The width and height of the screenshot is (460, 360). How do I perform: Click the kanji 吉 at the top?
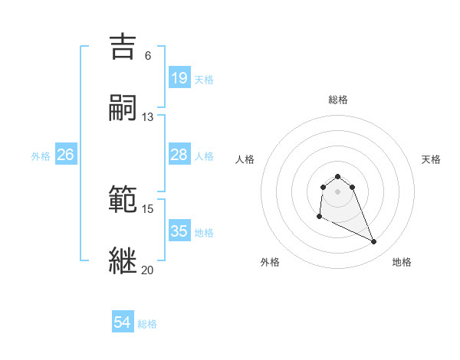tap(125, 47)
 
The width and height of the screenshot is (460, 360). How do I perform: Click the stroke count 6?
tap(148, 56)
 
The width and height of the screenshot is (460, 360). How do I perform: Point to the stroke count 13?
tap(148, 116)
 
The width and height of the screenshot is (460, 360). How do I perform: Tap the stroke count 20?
tap(148, 270)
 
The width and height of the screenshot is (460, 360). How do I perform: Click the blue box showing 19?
tap(179, 77)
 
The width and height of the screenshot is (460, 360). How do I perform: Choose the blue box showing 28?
tap(179, 155)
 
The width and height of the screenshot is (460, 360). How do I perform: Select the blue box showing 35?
tap(179, 231)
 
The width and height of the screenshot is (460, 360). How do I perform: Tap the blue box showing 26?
tap(65, 155)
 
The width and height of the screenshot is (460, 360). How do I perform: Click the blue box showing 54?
tap(122, 323)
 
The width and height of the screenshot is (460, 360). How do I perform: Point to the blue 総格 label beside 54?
tap(147, 324)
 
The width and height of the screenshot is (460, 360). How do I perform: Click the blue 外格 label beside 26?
tap(41, 156)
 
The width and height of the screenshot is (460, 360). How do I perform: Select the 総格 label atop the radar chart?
tap(338, 100)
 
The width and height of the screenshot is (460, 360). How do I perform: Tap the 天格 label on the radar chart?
tap(431, 159)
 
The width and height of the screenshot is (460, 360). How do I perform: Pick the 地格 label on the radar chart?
tap(402, 262)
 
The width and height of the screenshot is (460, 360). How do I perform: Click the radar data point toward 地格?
tap(374, 242)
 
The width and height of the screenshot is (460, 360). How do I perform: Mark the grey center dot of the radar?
tap(338, 191)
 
